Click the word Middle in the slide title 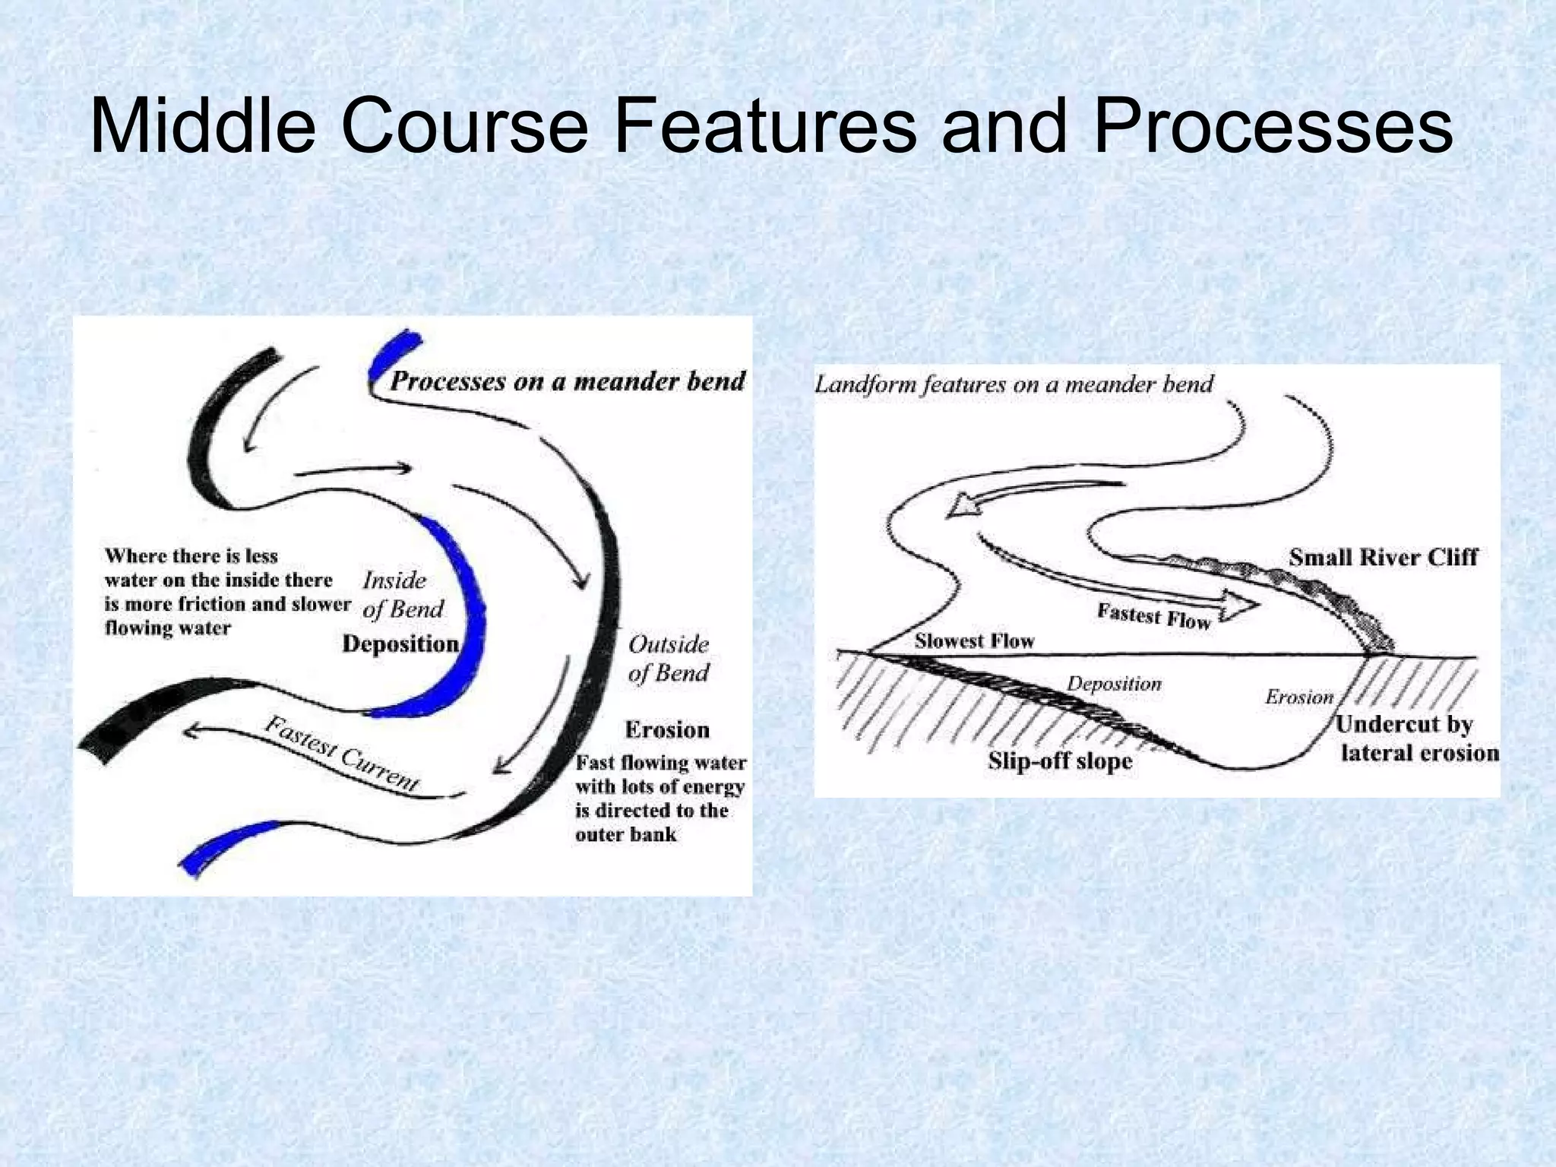point(202,126)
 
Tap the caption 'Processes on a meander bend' point(567,381)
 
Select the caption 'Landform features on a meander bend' point(1014,384)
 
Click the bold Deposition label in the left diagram point(400,644)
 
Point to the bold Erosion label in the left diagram point(667,730)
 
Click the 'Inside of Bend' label point(402,595)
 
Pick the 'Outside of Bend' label point(668,659)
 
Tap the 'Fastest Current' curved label point(342,754)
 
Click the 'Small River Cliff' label point(1383,558)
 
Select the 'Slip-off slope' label point(1060,761)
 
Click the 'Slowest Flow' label point(974,641)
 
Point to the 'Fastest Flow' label point(1153,616)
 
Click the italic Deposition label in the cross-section point(1114,684)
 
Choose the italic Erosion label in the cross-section point(1299,697)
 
